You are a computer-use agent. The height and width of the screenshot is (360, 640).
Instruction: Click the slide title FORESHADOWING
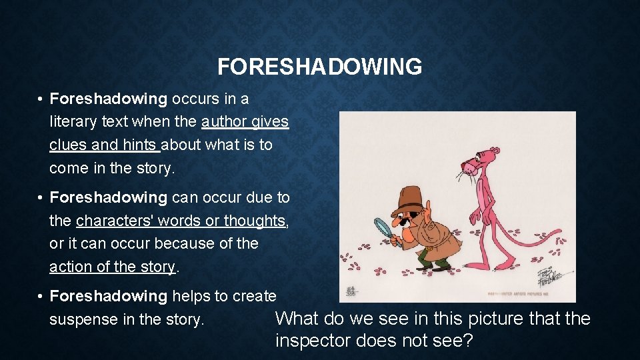tap(319, 67)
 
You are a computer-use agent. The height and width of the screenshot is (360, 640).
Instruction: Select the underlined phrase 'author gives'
tap(245, 122)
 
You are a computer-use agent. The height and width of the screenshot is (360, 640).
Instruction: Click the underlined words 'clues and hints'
tap(104, 145)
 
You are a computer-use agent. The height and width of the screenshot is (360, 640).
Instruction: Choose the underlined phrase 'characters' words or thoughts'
tap(181, 221)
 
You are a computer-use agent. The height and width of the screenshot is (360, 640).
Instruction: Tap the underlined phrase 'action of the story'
tap(112, 267)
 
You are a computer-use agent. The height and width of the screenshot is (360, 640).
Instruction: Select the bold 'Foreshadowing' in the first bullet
tap(109, 99)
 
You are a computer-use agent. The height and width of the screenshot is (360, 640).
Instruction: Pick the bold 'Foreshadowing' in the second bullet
tap(109, 198)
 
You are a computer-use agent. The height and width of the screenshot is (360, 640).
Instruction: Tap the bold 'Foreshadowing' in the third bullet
tap(109, 296)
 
